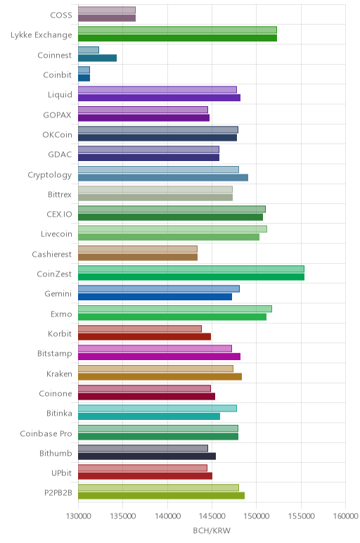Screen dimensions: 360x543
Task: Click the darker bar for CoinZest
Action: pyautogui.click(x=191, y=276)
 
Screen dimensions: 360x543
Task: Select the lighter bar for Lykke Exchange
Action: pyautogui.click(x=177, y=30)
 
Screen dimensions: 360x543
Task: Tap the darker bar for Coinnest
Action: pyautogui.click(x=97, y=58)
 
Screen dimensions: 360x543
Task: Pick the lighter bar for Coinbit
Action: pyautogui.click(x=84, y=70)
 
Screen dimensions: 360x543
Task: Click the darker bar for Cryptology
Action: pyautogui.click(x=163, y=177)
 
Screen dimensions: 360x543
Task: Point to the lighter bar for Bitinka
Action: pyautogui.click(x=157, y=408)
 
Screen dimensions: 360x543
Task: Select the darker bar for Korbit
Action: pyautogui.click(x=144, y=336)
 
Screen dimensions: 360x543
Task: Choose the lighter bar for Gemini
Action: pyautogui.click(x=158, y=289)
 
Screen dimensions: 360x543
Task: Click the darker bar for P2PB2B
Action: pyautogui.click(x=161, y=495)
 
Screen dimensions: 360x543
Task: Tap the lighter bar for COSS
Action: pyautogui.click(x=107, y=10)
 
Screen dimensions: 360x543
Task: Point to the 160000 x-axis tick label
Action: pyautogui.click(x=345, y=516)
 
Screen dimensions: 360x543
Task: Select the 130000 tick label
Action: pyautogui.click(x=78, y=516)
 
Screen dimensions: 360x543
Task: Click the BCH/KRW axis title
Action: pyautogui.click(x=212, y=530)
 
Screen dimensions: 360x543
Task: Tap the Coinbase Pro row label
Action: pyautogui.click(x=46, y=433)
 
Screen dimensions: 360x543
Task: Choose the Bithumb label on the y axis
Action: pyautogui.click(x=56, y=453)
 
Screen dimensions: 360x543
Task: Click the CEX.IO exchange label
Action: pyautogui.click(x=60, y=214)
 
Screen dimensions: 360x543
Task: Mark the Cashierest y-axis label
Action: pyautogui.click(x=52, y=254)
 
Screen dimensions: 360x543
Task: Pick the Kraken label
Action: pyautogui.click(x=60, y=373)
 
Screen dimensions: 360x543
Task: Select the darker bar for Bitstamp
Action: pyautogui.click(x=159, y=357)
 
